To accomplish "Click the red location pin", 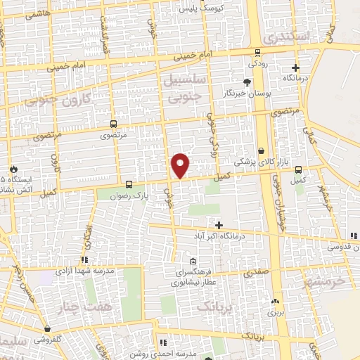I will (181, 165).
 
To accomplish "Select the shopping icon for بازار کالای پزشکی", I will (262, 150).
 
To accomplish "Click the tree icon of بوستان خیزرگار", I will (246, 83).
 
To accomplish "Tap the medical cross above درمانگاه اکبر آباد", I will (219, 225).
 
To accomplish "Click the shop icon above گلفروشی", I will (46, 328).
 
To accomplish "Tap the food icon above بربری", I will (274, 302).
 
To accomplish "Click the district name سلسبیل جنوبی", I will (185, 87).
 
